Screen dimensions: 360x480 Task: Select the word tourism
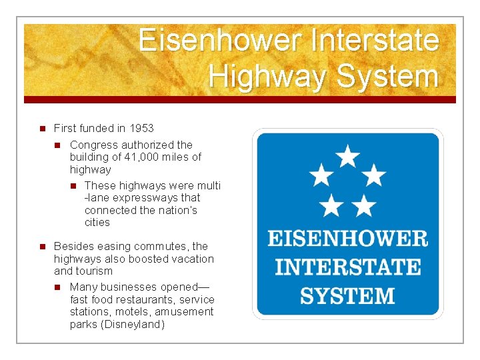click(x=95, y=271)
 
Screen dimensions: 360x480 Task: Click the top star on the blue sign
click(x=347, y=157)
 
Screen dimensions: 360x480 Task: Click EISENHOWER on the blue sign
click(x=347, y=238)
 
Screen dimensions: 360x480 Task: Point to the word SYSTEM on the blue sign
click(x=347, y=295)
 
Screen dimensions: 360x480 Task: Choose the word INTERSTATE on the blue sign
click(x=347, y=267)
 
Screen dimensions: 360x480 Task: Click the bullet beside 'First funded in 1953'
click(x=41, y=128)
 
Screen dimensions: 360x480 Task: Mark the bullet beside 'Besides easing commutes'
click(x=41, y=247)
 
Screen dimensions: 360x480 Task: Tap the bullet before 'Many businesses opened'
click(x=58, y=287)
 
